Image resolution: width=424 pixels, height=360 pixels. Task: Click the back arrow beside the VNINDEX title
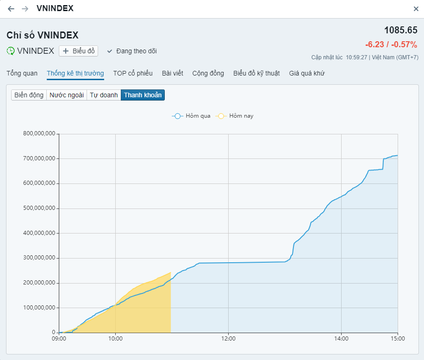coord(11,9)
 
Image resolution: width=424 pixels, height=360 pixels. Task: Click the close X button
coord(416,9)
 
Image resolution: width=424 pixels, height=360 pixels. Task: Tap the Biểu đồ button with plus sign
coord(78,51)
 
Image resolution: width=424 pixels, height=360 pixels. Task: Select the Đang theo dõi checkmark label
coord(132,51)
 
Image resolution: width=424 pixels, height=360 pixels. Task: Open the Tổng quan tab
coord(22,73)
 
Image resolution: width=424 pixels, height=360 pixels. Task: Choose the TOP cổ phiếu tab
coord(133,73)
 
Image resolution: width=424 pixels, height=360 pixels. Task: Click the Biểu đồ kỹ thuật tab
coord(256,73)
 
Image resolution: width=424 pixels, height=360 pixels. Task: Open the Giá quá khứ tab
coord(306,73)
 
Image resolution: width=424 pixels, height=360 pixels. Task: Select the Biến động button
coord(29,95)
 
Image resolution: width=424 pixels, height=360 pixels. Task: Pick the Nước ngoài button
coord(67,95)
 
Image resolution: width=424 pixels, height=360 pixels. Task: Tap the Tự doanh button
coord(104,95)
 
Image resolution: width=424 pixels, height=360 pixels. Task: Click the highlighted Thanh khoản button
coord(143,95)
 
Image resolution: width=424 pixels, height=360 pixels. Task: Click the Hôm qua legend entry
coord(192,116)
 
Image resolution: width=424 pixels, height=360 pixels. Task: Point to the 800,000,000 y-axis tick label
coord(39,134)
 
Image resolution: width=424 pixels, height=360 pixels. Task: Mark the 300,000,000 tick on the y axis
coord(39,258)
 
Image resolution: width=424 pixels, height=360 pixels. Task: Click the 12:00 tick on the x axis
coord(228,339)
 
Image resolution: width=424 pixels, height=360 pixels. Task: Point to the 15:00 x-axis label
coord(398,339)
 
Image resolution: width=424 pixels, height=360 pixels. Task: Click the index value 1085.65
coord(400,30)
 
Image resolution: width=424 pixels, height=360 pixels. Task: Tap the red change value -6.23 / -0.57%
coord(391,44)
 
